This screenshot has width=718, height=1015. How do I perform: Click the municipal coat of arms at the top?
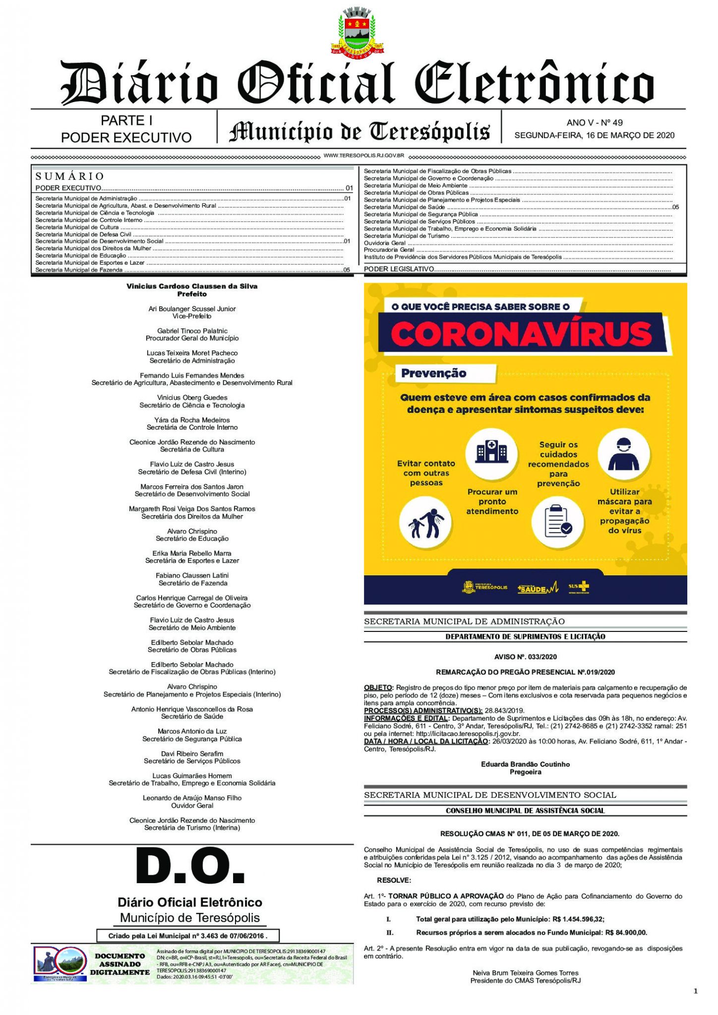[x=357, y=31]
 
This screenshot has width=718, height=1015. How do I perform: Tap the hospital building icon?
[x=491, y=452]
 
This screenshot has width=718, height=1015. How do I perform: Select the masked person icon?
[x=623, y=454]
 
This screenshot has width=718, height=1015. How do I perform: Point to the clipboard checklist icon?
[x=558, y=522]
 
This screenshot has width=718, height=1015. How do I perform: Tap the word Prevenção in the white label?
[x=434, y=373]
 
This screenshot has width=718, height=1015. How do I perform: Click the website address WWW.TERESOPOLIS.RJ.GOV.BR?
[x=364, y=156]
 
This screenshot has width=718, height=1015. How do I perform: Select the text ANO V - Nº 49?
[x=595, y=122]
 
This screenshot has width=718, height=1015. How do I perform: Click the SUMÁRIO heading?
[x=70, y=176]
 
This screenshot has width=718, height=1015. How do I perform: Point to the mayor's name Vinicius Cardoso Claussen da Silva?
[x=192, y=286]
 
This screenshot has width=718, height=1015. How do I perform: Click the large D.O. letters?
[x=190, y=867]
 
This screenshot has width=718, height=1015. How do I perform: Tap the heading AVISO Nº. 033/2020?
[x=525, y=657]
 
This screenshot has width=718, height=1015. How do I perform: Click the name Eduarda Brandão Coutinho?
[x=525, y=764]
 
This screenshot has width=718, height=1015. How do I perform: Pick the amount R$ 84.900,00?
[x=626, y=932]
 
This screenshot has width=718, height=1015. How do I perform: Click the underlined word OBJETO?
[x=378, y=687]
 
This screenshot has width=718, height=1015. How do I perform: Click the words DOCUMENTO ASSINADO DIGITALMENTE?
[x=120, y=964]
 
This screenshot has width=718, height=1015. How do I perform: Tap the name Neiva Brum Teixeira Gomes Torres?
[x=525, y=972]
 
